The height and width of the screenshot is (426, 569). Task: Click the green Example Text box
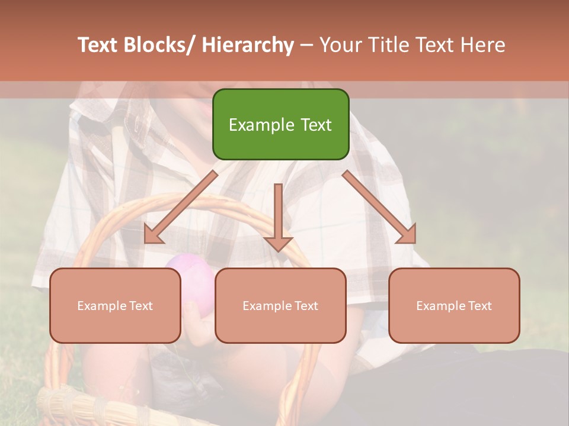click(x=280, y=124)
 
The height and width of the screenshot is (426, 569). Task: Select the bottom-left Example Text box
click(x=115, y=305)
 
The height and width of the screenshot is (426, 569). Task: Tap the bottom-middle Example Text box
click(x=280, y=305)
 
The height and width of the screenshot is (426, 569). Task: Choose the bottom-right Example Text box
click(x=454, y=305)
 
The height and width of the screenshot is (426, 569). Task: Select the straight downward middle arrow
click(x=278, y=213)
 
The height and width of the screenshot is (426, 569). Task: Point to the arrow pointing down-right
click(x=379, y=207)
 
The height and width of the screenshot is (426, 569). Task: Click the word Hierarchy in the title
click(x=248, y=45)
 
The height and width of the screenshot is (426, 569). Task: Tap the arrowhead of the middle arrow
click(x=278, y=243)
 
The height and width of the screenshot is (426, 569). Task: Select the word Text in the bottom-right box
click(x=480, y=305)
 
